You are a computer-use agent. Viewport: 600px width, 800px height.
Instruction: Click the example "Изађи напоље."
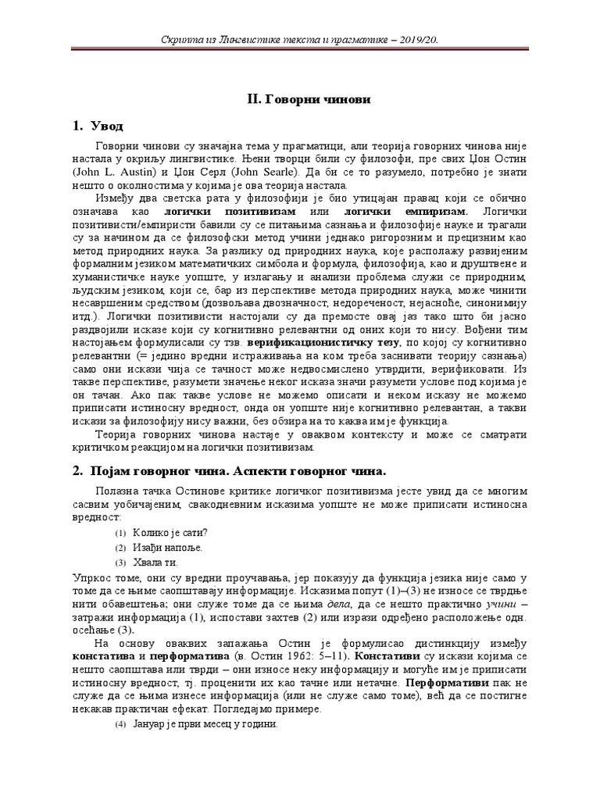click(168, 548)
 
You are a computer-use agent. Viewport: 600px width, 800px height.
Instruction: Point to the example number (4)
click(120, 724)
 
